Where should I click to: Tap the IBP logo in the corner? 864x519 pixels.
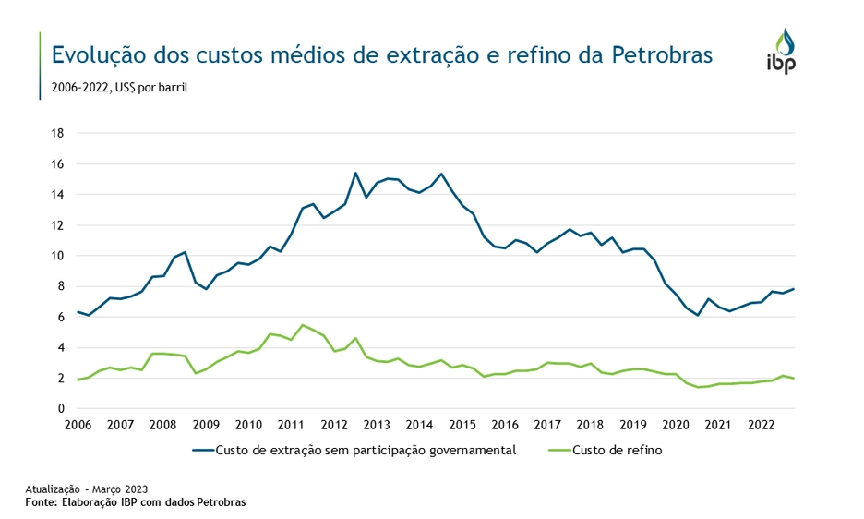click(780, 52)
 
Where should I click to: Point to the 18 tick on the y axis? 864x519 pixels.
click(56, 133)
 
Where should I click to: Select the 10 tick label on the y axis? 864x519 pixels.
click(56, 256)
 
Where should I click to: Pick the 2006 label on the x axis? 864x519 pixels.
click(78, 426)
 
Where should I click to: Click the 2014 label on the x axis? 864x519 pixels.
click(419, 426)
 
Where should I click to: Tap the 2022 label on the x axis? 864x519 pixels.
click(761, 426)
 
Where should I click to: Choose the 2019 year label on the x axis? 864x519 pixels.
click(632, 426)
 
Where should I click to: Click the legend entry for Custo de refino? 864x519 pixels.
click(617, 451)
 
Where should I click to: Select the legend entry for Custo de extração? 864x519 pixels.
click(365, 451)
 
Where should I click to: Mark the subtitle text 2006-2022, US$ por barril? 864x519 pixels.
click(114, 89)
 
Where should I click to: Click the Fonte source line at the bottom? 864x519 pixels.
click(136, 502)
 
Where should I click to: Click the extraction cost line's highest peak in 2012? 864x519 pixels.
click(355, 173)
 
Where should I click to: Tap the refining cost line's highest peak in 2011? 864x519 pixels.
click(303, 325)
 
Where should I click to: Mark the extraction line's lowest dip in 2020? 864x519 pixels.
click(698, 315)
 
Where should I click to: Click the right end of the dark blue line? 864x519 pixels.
click(794, 289)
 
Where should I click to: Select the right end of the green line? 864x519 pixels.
click(794, 379)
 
